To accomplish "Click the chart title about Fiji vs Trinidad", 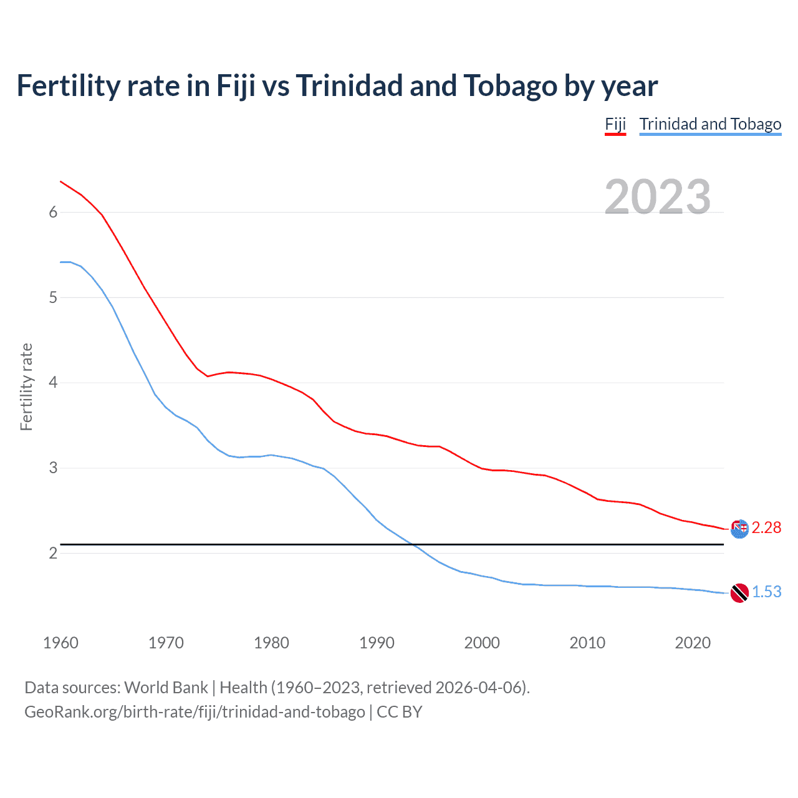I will pyautogui.click(x=337, y=86).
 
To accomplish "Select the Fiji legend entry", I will pyautogui.click(x=615, y=124).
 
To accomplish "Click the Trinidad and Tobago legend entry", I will pyautogui.click(x=710, y=124).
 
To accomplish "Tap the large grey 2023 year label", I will pyautogui.click(x=657, y=197).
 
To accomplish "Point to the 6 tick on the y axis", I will pyautogui.click(x=53, y=212).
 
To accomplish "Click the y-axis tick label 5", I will pyautogui.click(x=53, y=297).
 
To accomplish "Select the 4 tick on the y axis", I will pyautogui.click(x=53, y=382).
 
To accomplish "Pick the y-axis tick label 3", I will pyautogui.click(x=53, y=468).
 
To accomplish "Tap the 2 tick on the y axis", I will pyautogui.click(x=53, y=553).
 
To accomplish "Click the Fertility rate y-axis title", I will pyautogui.click(x=26, y=387).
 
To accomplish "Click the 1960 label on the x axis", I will pyautogui.click(x=60, y=643).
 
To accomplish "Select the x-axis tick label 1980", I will pyautogui.click(x=271, y=643).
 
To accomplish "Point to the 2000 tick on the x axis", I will pyautogui.click(x=482, y=643).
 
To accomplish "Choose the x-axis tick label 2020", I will pyautogui.click(x=693, y=643).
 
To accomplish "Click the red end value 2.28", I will pyautogui.click(x=766, y=528).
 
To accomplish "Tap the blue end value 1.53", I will pyautogui.click(x=766, y=592).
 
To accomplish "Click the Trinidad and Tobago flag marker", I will pyautogui.click(x=739, y=593).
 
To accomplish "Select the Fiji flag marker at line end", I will pyautogui.click(x=739, y=529).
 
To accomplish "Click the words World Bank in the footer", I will pyautogui.click(x=166, y=688).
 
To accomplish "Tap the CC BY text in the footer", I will pyautogui.click(x=400, y=712).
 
